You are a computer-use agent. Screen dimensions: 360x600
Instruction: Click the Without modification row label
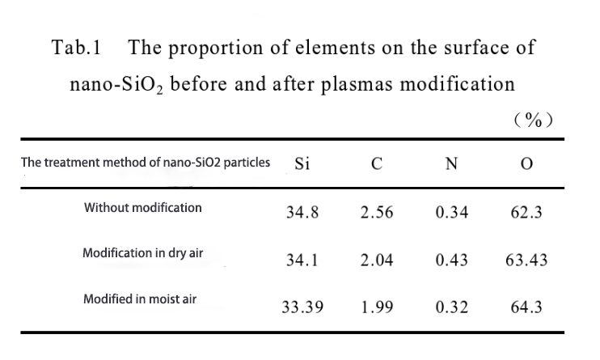point(143,208)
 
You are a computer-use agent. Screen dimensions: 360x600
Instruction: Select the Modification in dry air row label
point(143,253)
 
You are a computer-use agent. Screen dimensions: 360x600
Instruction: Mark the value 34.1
point(302,260)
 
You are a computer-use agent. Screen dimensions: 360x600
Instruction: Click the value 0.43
point(451,260)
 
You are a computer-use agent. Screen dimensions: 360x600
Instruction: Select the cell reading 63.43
point(526,260)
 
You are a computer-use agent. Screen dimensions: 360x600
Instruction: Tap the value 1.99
point(377,308)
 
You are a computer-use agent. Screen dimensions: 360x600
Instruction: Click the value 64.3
point(526,308)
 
